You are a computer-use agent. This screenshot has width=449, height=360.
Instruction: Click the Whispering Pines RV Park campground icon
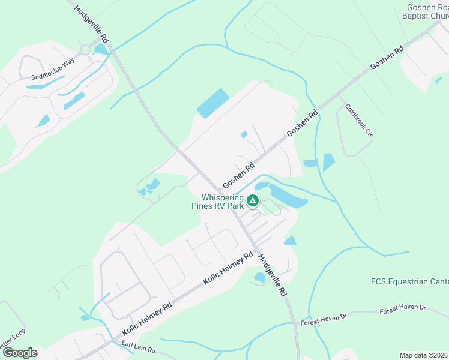click(x=253, y=200)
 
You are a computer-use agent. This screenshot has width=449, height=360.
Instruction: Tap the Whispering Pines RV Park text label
click(x=222, y=201)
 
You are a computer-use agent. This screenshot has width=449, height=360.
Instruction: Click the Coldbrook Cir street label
click(x=359, y=122)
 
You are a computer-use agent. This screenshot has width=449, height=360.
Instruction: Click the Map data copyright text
click(x=424, y=355)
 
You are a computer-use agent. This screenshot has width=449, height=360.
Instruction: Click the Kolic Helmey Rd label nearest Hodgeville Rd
click(x=228, y=269)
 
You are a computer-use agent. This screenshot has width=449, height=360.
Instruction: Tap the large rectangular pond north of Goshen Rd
click(x=213, y=103)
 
